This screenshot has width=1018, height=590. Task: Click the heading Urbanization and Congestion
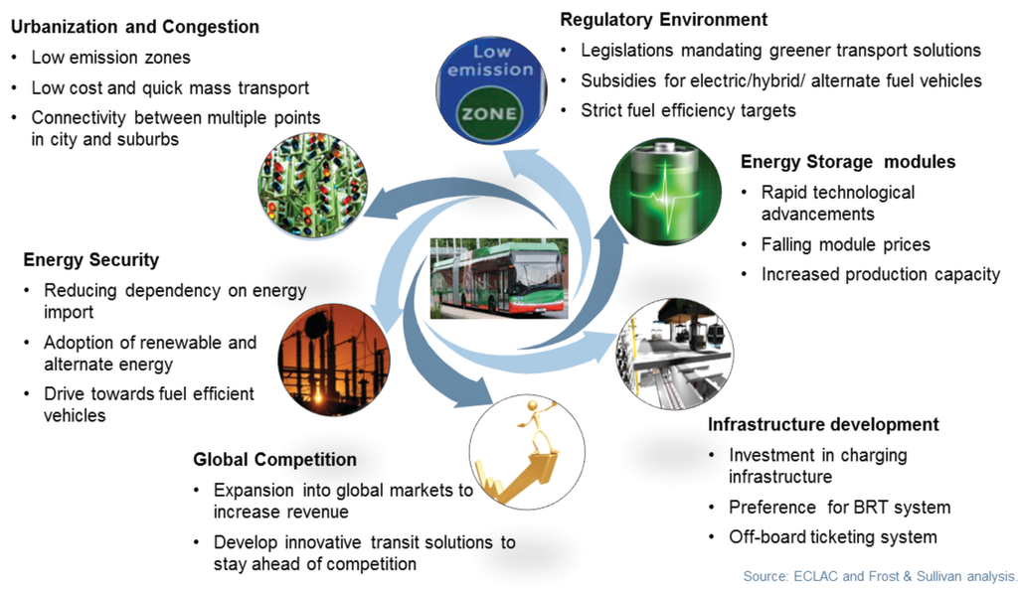click(x=134, y=27)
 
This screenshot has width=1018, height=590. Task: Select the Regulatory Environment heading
click(x=664, y=19)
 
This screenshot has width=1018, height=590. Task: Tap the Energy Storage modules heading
click(x=848, y=161)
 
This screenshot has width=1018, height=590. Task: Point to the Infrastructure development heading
click(x=823, y=424)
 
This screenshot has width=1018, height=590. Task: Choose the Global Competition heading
click(x=274, y=459)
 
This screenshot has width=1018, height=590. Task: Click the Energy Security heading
click(x=90, y=260)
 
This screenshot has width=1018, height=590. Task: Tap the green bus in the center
click(x=499, y=278)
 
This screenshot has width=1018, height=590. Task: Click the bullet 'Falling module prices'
click(x=845, y=244)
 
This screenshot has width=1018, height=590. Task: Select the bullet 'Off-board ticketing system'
click(x=833, y=537)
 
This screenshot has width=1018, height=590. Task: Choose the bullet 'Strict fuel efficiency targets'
click(x=688, y=110)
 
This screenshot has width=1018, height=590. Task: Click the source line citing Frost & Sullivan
click(x=880, y=576)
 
